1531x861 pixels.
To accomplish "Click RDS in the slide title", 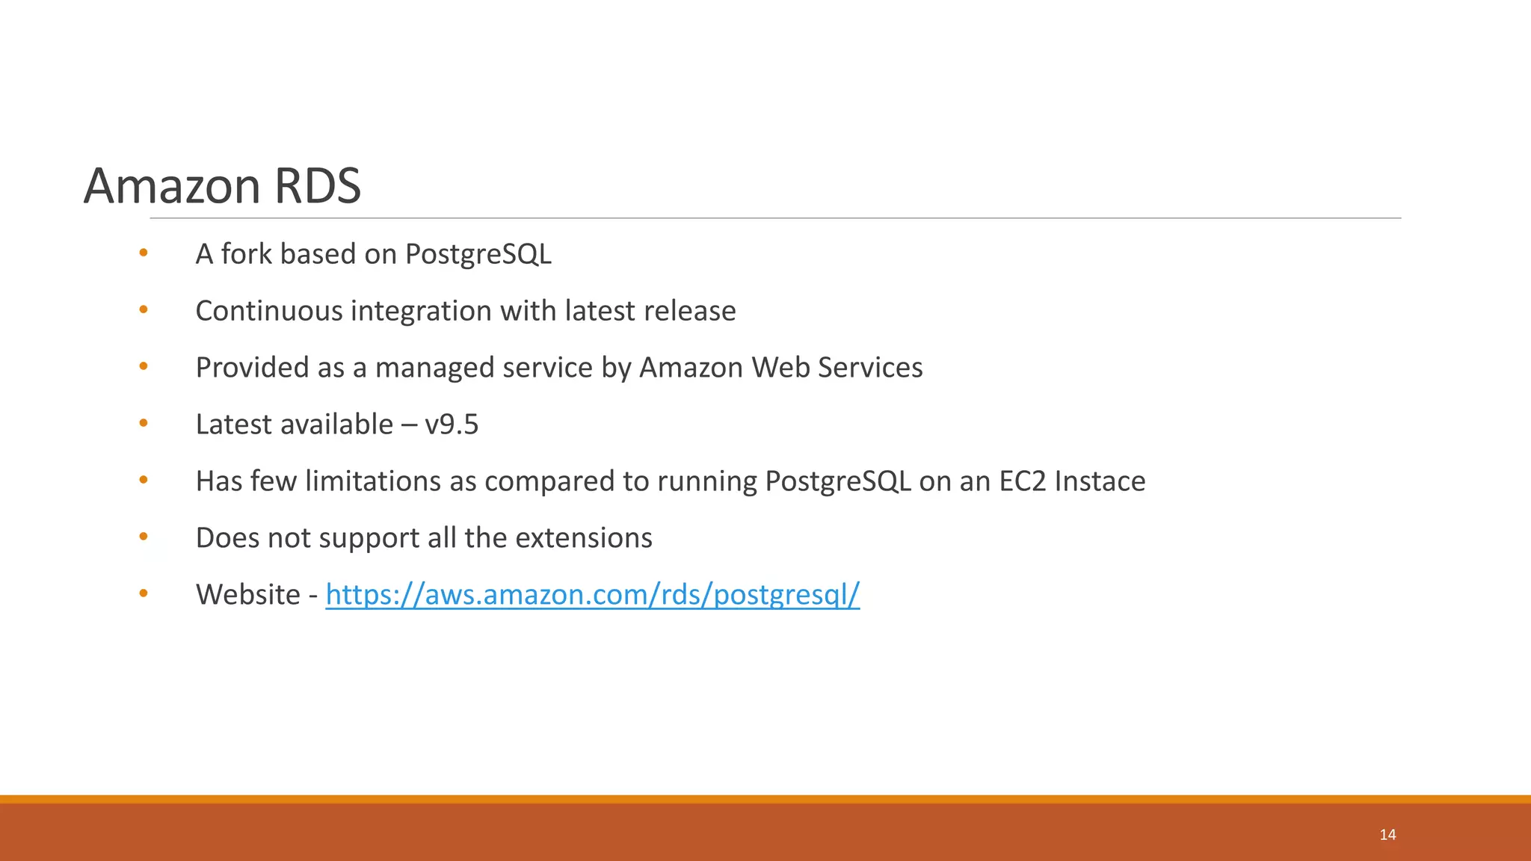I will point(318,185).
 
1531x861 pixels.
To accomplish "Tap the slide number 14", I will point(1387,835).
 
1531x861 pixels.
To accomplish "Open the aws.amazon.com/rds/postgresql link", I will point(592,595).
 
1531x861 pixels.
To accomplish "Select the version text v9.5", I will point(452,425).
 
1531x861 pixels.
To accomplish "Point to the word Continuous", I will point(268,311).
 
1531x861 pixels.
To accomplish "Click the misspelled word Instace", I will point(1100,481).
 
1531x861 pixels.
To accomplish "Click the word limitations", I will point(372,481).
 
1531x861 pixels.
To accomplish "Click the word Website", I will point(247,595).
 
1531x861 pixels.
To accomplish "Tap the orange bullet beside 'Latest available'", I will point(144,423).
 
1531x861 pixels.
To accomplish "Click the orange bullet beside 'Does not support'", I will point(144,537).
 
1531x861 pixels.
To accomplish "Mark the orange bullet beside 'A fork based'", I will point(144,253).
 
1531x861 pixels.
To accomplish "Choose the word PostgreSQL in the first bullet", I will point(478,254).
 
